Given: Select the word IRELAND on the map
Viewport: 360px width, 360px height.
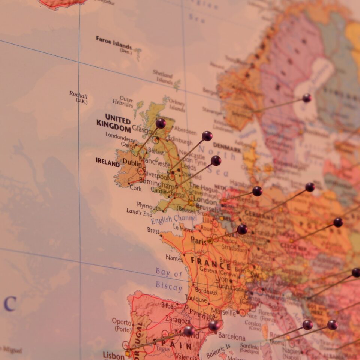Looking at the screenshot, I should pyautogui.click(x=108, y=162).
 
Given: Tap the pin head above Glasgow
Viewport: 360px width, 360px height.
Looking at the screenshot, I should pyautogui.click(x=160, y=123).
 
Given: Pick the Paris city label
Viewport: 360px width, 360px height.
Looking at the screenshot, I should pyautogui.click(x=198, y=240).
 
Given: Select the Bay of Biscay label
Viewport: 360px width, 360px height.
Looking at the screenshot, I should pyautogui.click(x=169, y=280).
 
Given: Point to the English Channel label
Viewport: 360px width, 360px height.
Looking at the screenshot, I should pyautogui.click(x=174, y=219).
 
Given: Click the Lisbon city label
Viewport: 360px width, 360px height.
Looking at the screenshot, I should pyautogui.click(x=113, y=355).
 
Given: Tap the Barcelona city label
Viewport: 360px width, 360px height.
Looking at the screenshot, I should pyautogui.click(x=232, y=336).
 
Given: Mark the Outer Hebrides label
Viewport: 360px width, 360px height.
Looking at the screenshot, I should pyautogui.click(x=123, y=102).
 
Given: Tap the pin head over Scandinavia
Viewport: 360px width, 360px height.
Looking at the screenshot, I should pyautogui.click(x=307, y=98).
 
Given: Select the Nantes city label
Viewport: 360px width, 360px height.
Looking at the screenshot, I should pyautogui.click(x=174, y=258).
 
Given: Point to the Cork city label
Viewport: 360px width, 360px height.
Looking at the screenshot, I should pyautogui.click(x=135, y=189).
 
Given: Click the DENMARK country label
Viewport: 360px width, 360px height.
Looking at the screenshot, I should pyautogui.click(x=227, y=147).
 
